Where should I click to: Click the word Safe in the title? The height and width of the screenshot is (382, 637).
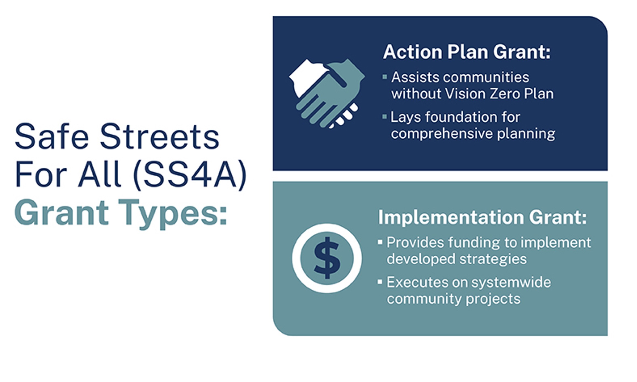(52, 137)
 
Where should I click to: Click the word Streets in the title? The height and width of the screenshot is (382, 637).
(160, 137)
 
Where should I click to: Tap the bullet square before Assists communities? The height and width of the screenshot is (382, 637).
(385, 77)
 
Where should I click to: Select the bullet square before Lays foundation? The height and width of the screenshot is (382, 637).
(385, 117)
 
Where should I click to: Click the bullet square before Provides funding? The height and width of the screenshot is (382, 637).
(380, 242)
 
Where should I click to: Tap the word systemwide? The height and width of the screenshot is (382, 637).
(511, 282)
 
